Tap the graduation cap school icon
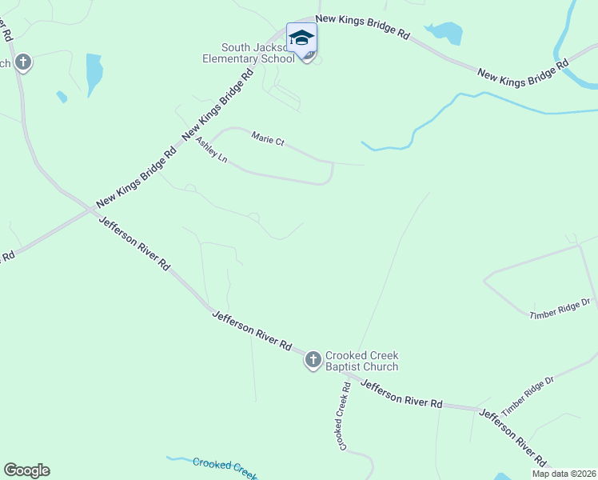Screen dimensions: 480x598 [301, 38]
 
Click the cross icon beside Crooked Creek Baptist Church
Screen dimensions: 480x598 [313, 360]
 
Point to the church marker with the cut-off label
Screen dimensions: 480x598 [23, 62]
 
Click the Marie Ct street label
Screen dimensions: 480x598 [268, 138]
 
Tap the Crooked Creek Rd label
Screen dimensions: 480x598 [345, 415]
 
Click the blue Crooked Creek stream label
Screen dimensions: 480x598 [224, 465]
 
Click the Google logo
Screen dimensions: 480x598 [26, 470]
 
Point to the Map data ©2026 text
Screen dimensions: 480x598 [563, 474]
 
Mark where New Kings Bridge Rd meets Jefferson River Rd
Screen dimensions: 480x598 [88, 210]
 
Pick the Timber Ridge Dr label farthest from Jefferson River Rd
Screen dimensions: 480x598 [560, 309]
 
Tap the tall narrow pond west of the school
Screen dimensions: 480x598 [94, 74]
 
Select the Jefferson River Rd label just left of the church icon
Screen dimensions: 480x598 [252, 330]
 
